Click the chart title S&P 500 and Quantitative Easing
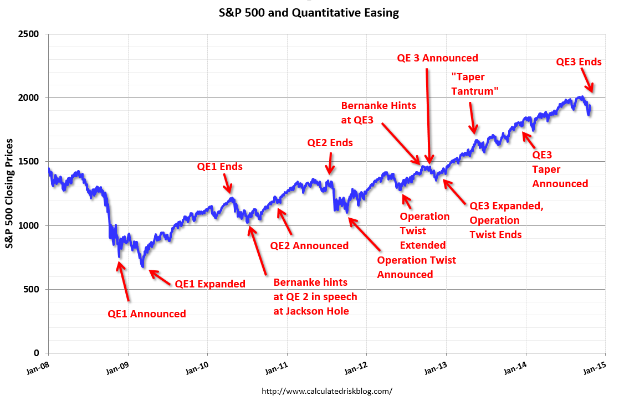[x=309, y=12]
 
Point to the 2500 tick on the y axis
[x=29, y=34]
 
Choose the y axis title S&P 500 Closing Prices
[x=9, y=194]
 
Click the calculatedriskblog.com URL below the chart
[x=326, y=391]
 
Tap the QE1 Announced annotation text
[x=147, y=314]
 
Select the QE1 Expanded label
[x=210, y=284]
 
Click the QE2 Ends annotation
[x=330, y=143]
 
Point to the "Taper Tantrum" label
[x=475, y=85]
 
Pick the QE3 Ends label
[x=579, y=62]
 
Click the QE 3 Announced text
[x=437, y=58]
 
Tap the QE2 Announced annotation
[x=309, y=246]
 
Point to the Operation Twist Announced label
[x=417, y=267]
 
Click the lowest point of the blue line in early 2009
[x=144, y=267]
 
